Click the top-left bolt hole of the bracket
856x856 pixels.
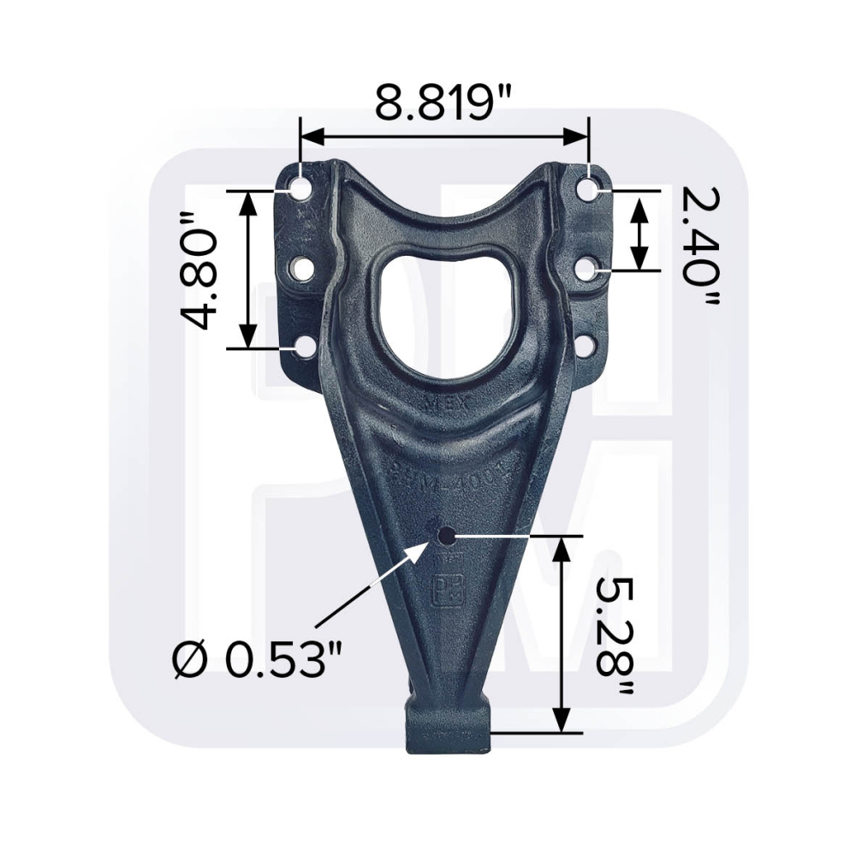coord(300,188)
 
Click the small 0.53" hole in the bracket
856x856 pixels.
coord(445,536)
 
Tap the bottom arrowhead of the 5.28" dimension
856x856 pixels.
coord(562,724)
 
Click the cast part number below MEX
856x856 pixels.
coord(446,473)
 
